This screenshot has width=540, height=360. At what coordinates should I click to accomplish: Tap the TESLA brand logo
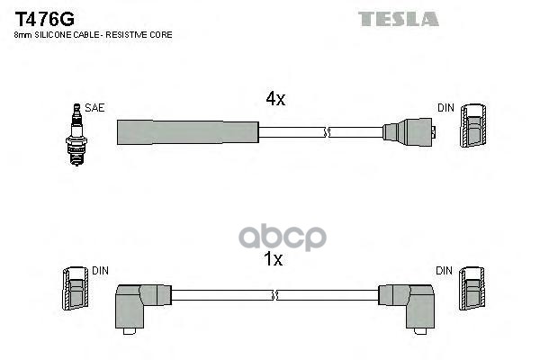coord(398,18)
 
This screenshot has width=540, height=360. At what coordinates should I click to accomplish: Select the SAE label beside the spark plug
coord(94,108)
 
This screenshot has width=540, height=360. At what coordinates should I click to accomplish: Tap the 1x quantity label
coord(274,260)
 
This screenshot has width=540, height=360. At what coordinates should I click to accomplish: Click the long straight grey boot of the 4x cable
coord(187,131)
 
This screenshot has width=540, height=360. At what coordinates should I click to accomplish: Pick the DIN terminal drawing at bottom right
coord(473,290)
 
